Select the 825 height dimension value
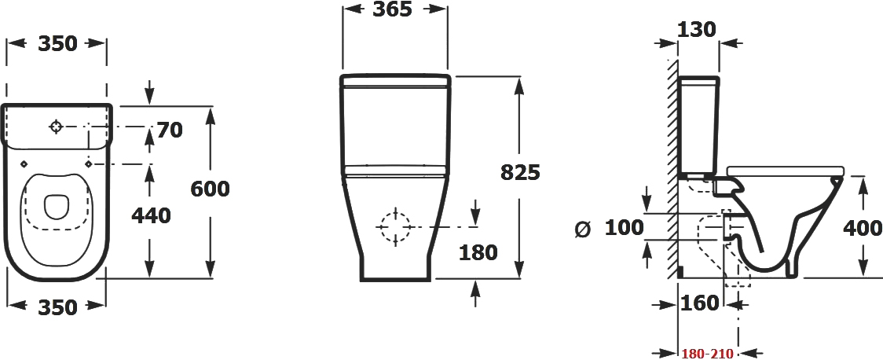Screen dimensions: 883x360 coord(520,172)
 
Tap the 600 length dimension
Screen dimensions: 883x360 coord(210,189)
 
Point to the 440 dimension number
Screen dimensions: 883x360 coord(151,215)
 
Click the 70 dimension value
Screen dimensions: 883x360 coord(170,130)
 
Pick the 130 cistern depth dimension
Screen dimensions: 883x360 coord(696,29)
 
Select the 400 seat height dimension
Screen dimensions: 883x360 coord(862,228)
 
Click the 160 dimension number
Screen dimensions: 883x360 coord(700,303)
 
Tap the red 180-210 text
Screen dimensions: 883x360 coord(707,354)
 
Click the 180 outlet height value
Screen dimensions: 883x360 coord(478,252)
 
